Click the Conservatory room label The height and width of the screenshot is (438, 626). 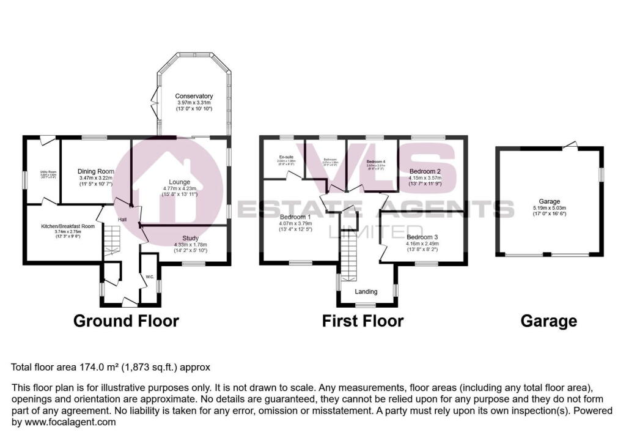(194, 96)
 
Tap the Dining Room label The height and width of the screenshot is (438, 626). (96, 171)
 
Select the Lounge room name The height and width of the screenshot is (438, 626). (180, 182)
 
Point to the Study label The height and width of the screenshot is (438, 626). (191, 238)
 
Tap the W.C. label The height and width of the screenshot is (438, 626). (149, 277)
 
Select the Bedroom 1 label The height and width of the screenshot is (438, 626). (295, 217)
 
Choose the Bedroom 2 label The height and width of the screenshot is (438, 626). (425, 171)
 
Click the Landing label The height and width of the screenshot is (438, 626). (367, 292)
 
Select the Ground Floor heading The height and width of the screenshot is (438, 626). (126, 321)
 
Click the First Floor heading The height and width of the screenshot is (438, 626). (363, 321)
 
